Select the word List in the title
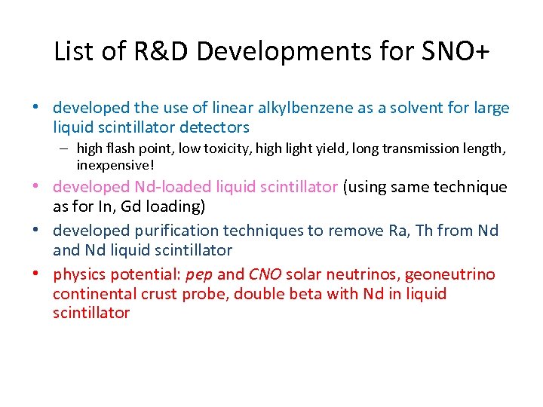click(x=72, y=51)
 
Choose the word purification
click(x=172, y=230)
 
